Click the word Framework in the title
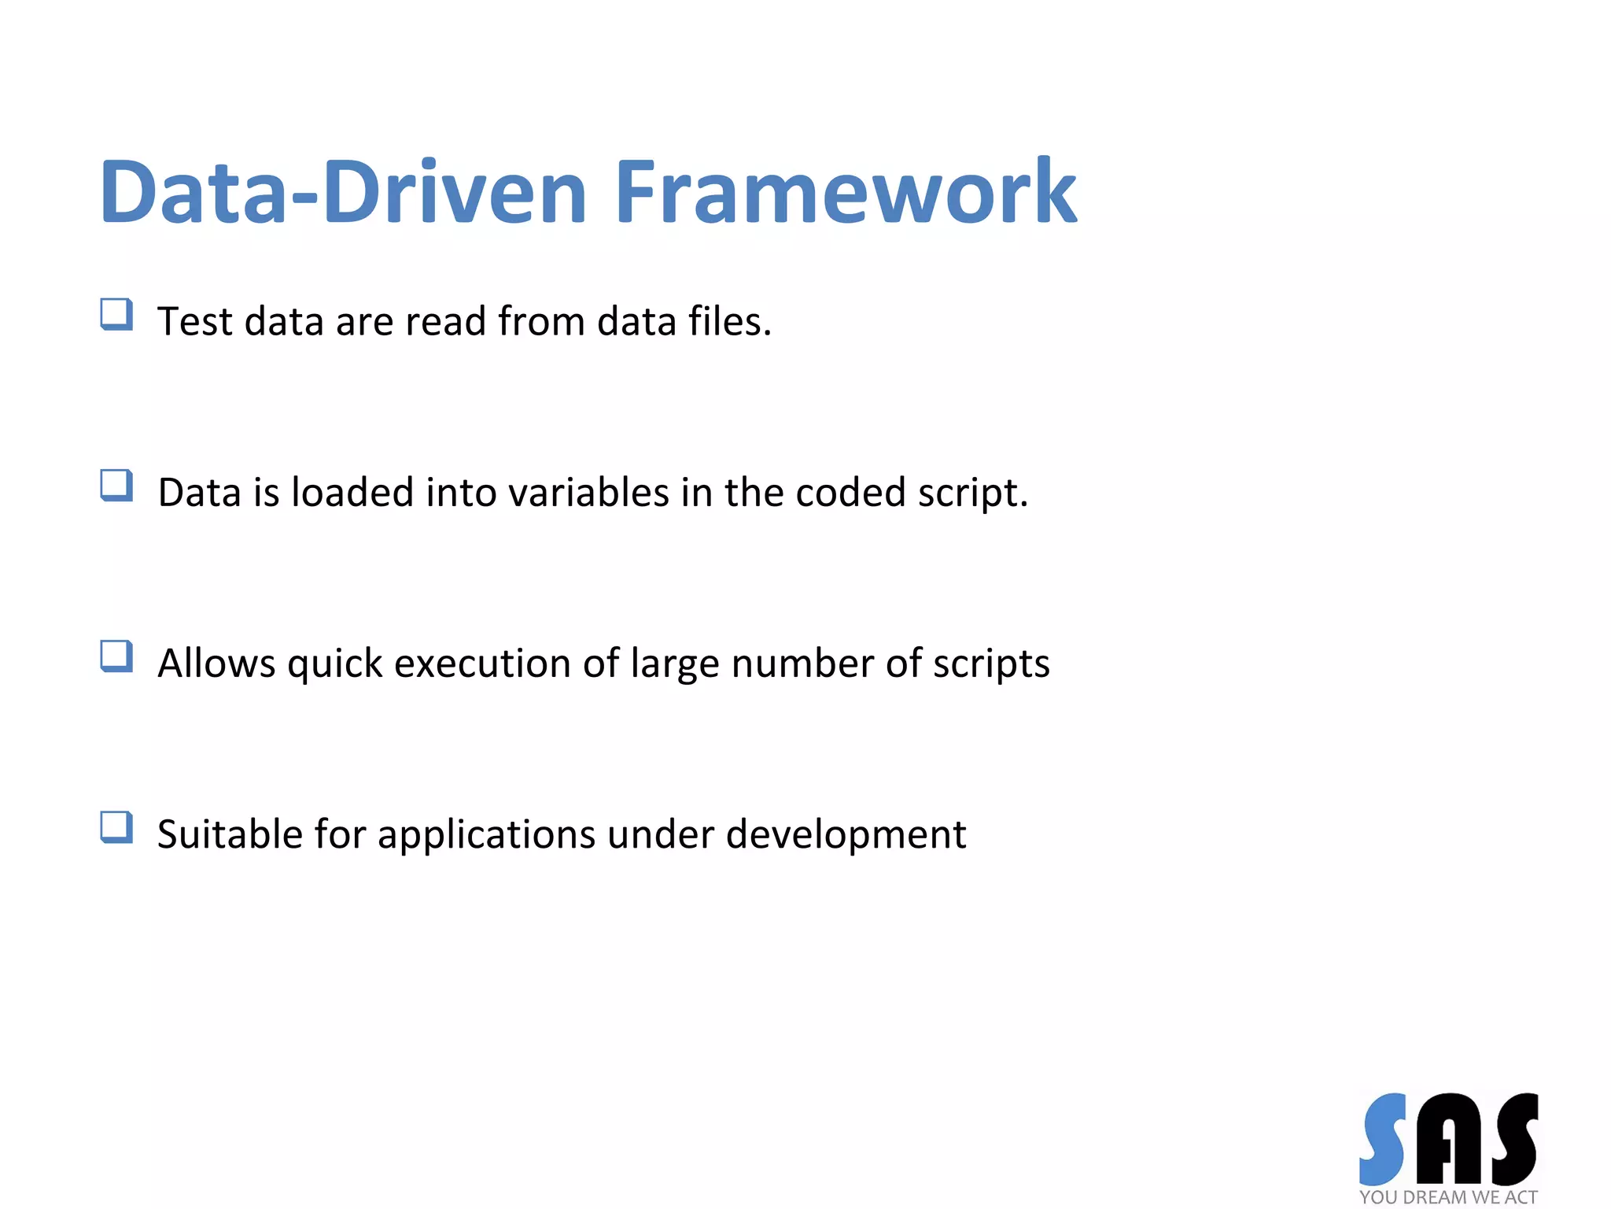845,193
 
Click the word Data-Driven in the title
343,193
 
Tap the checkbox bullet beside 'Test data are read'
116,314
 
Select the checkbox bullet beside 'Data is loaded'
116,485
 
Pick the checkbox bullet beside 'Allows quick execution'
116,656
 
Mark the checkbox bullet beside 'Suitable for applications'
116,826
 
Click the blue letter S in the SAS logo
1382,1138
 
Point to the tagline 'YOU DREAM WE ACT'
1448,1197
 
